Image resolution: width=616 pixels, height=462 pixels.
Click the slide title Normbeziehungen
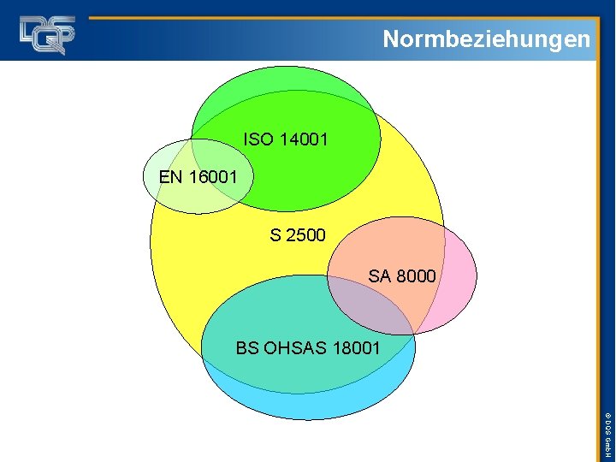[486, 38]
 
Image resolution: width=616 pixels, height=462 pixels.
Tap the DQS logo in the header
[48, 34]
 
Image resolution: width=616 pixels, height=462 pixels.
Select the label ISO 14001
[285, 139]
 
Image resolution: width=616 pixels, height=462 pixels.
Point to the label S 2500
[298, 234]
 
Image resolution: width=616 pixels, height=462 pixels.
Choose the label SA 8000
[402, 276]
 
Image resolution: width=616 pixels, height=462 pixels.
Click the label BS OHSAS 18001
[308, 348]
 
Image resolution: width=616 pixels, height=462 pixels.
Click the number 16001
[211, 177]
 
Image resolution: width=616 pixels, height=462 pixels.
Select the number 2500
[306, 234]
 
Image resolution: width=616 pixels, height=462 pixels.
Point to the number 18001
[352, 348]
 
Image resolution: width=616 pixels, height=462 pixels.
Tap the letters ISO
[254, 139]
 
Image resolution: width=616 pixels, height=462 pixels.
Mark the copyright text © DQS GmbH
[606, 432]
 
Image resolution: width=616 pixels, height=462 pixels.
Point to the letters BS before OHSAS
[246, 348]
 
